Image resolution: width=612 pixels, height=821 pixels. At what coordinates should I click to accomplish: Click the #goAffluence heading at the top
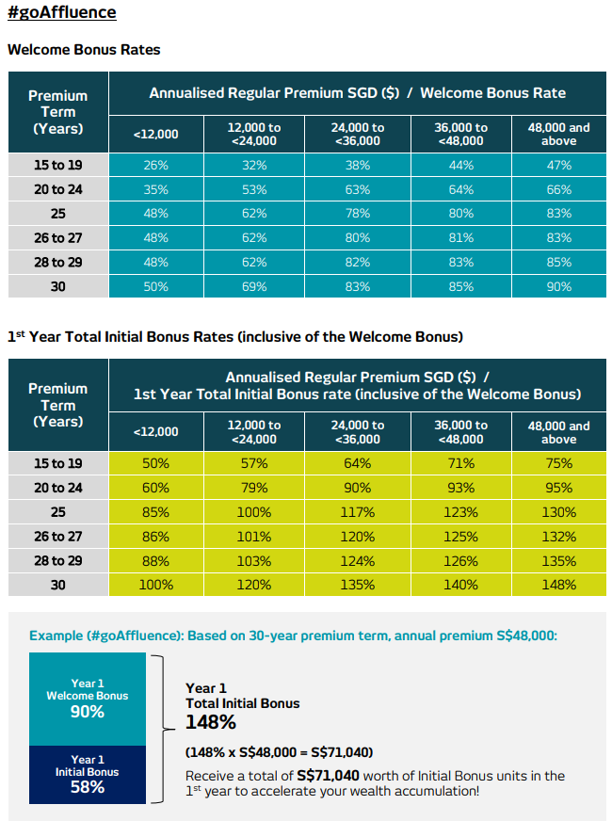pyautogui.click(x=62, y=14)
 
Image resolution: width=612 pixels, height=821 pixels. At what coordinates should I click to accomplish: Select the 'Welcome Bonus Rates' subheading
pyautogui.click(x=84, y=49)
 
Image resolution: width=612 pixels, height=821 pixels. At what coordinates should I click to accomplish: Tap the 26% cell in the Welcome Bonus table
pyautogui.click(x=155, y=165)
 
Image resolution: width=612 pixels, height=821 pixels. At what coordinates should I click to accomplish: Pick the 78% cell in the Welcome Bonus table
pyautogui.click(x=358, y=214)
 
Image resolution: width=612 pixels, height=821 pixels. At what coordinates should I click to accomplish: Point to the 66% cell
pyautogui.click(x=558, y=189)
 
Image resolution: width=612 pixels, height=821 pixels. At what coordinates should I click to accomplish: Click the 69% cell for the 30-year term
pyautogui.click(x=254, y=286)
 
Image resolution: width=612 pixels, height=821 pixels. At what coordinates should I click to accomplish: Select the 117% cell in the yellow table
pyautogui.click(x=358, y=512)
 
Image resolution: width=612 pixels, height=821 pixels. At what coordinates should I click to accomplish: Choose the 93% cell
pyautogui.click(x=461, y=488)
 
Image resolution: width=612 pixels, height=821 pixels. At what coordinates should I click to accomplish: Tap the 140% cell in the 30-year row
pyautogui.click(x=461, y=585)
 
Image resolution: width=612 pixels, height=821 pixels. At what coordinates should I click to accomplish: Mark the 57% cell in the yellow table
pyautogui.click(x=254, y=463)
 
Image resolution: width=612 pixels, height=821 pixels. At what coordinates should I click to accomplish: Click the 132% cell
pyautogui.click(x=558, y=537)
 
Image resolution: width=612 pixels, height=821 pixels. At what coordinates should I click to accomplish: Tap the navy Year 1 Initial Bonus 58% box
pyautogui.click(x=88, y=774)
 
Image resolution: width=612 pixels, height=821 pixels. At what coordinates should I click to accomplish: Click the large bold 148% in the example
pyautogui.click(x=211, y=722)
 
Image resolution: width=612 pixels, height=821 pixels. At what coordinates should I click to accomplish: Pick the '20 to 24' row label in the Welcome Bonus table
pyautogui.click(x=58, y=189)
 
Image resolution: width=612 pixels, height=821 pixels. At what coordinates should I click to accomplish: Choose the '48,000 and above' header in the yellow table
pyautogui.click(x=558, y=432)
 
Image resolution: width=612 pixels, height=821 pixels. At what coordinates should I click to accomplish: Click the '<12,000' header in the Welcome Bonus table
pyautogui.click(x=155, y=135)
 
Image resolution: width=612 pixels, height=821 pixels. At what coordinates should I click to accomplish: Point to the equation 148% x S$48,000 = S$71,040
pyautogui.click(x=279, y=751)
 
